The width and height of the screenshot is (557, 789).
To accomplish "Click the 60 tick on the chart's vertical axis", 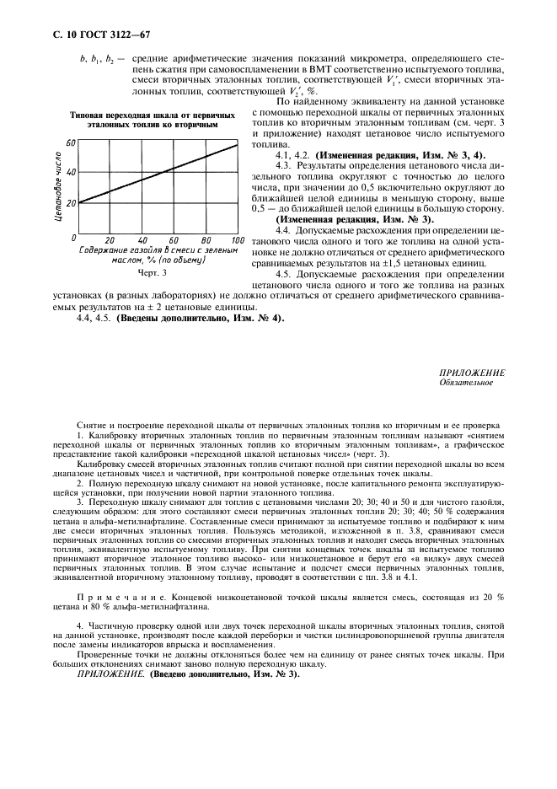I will click(x=71, y=142).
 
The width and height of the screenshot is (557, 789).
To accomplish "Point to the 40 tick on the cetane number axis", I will click(x=71, y=172).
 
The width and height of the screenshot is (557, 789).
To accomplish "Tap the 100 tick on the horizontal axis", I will click(x=237, y=240).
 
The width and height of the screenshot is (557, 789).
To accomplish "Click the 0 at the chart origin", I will click(x=74, y=239).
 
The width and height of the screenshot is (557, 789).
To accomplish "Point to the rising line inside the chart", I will click(x=160, y=173).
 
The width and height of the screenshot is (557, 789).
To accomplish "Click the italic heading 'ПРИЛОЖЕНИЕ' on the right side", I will click(x=472, y=372).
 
